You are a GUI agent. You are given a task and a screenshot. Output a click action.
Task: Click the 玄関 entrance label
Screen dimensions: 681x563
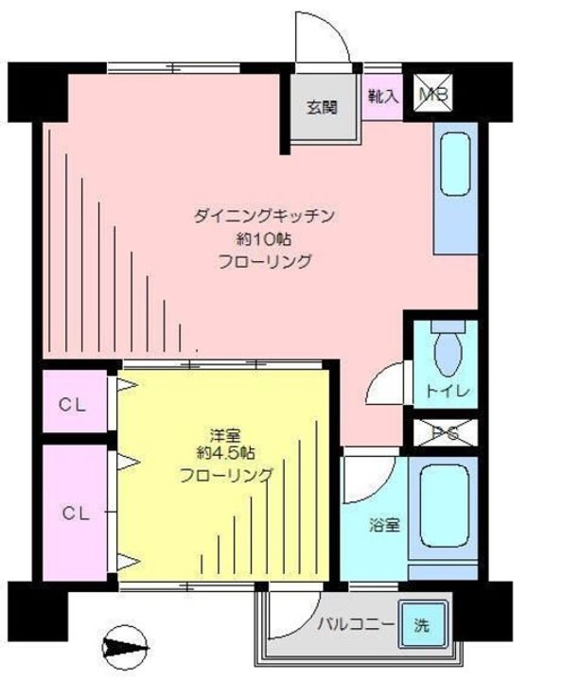click(x=322, y=106)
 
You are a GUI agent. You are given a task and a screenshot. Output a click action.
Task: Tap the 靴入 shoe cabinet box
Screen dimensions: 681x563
click(x=382, y=96)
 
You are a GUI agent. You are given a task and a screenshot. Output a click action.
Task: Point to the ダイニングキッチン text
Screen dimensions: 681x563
click(x=265, y=217)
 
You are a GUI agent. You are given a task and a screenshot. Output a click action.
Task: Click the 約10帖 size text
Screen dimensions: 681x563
click(x=265, y=238)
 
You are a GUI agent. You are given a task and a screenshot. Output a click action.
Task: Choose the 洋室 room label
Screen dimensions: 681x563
click(x=224, y=436)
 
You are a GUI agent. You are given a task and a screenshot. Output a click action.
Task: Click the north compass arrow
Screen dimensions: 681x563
click(x=124, y=650)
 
